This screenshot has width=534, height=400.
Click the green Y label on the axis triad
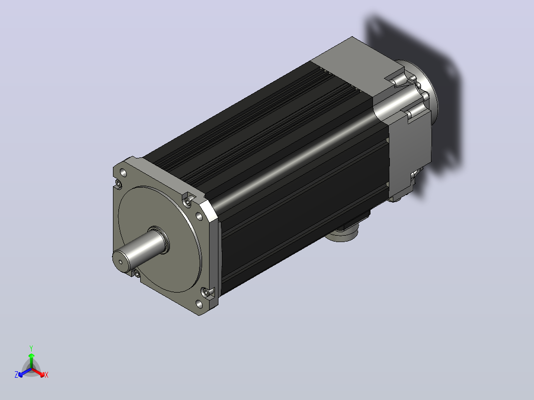click(31, 348)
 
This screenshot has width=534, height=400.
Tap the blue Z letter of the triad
click(16, 375)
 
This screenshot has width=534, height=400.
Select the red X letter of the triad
click(47, 375)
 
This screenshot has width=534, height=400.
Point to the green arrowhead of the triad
click(31, 355)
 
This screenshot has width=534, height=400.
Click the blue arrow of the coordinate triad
click(25, 372)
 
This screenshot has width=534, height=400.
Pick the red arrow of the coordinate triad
click(38, 372)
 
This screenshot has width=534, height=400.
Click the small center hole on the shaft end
click(120, 262)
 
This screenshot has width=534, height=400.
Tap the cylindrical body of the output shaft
click(141, 249)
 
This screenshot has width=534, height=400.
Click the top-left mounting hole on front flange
click(124, 173)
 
